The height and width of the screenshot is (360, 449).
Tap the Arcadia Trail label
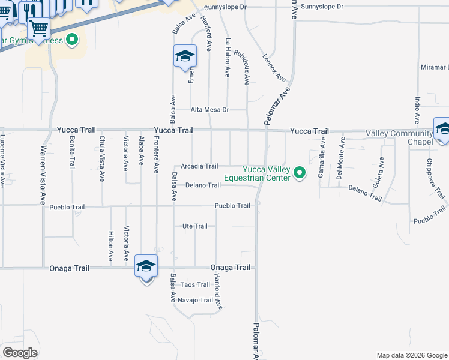199,166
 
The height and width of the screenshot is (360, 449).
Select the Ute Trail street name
194,226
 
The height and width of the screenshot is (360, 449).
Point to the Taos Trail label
195,284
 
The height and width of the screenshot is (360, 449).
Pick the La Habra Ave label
228,58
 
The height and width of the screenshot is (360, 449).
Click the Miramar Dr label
435,67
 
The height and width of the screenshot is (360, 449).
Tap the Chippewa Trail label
436,178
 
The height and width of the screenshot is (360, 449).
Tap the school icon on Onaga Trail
146,265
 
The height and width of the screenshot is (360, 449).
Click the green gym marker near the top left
72,41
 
